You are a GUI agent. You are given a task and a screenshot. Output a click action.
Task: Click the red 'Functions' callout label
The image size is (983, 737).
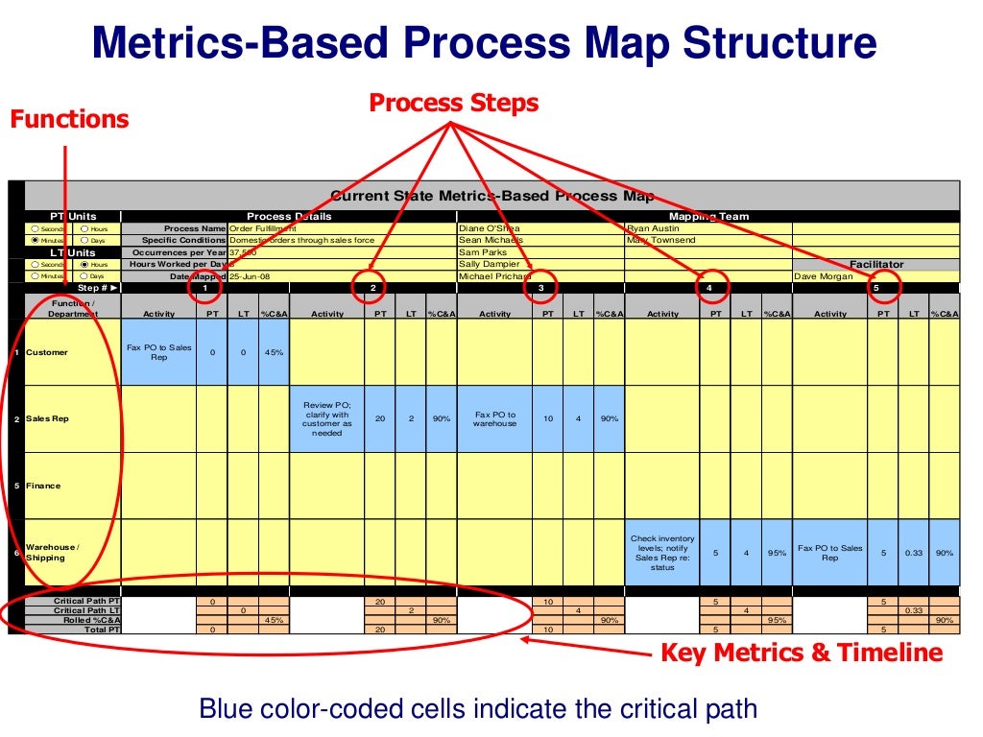click(x=69, y=120)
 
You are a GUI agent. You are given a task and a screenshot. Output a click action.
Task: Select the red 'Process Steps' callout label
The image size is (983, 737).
click(x=454, y=103)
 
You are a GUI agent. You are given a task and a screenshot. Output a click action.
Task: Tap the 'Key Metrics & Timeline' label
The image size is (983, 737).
click(x=802, y=654)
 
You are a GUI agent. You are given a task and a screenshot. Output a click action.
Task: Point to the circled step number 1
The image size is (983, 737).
click(x=205, y=287)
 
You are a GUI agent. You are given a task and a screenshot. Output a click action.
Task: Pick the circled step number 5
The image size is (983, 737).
click(x=875, y=287)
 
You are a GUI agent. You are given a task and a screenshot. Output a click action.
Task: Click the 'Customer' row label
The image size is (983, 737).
click(x=47, y=352)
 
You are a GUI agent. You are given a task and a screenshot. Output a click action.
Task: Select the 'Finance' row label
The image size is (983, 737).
click(x=43, y=486)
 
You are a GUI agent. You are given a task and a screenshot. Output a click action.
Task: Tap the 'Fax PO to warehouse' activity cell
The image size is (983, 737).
click(x=494, y=418)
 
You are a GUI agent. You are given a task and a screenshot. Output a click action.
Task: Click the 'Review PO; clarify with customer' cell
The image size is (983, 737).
click(x=327, y=418)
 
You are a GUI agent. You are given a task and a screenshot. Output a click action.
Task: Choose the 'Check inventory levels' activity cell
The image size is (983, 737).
click(x=662, y=553)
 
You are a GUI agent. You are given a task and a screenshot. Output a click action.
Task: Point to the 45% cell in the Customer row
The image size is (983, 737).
click(x=274, y=352)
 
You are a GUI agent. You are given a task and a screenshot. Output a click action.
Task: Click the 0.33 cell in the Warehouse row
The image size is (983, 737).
click(x=914, y=553)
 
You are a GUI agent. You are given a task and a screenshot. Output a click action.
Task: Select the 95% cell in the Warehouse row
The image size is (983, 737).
click(x=777, y=553)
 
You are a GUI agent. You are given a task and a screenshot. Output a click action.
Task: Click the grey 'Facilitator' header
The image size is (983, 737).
click(x=875, y=264)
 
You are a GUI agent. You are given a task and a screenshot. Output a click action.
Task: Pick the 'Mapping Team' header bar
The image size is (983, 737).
click(x=708, y=217)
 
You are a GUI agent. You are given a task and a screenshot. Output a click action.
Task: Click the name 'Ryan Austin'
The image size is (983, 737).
click(x=653, y=228)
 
